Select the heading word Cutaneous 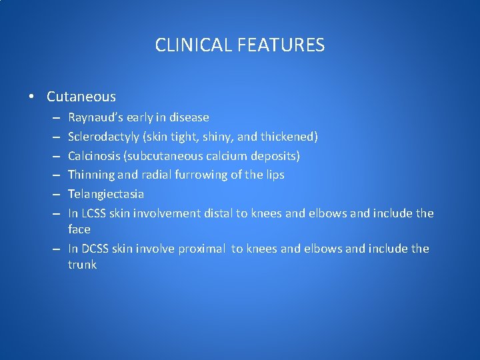pos(81,97)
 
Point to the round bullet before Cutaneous pos(32,97)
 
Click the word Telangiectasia pos(106,194)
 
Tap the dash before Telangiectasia pos(55,195)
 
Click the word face pos(79,229)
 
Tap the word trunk pos(82,265)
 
